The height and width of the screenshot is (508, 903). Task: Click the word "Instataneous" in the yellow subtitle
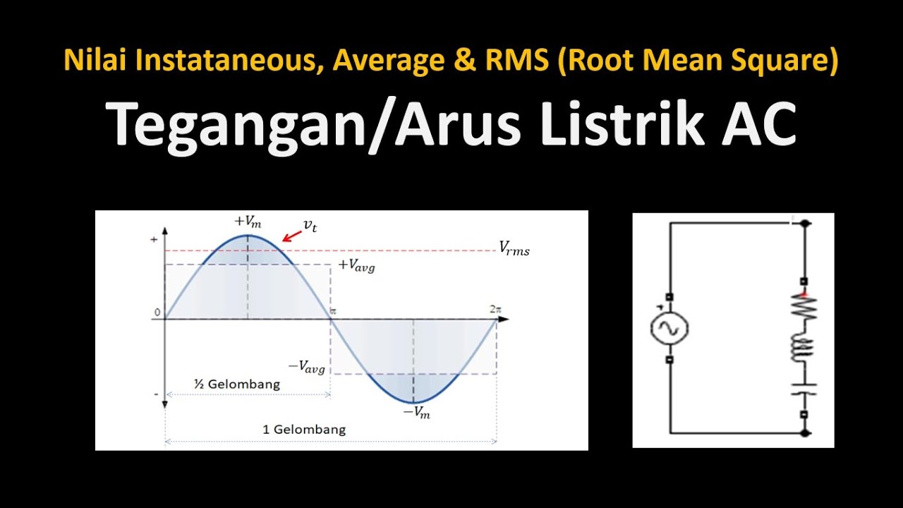[x=230, y=61]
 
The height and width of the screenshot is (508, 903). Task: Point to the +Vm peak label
[x=248, y=222]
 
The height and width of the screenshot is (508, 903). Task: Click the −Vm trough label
[x=416, y=413]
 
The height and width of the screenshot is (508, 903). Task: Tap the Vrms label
[x=514, y=248]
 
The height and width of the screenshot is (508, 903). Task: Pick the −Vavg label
[x=306, y=366]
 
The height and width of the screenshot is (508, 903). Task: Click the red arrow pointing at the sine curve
[x=291, y=236]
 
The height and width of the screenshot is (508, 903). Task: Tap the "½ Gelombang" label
[x=237, y=385]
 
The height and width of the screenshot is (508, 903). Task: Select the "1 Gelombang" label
[x=304, y=429]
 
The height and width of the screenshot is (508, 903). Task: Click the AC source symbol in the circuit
[x=669, y=328]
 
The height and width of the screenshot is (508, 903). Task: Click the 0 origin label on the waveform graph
[x=158, y=313]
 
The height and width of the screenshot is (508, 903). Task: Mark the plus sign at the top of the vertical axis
[x=154, y=240]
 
